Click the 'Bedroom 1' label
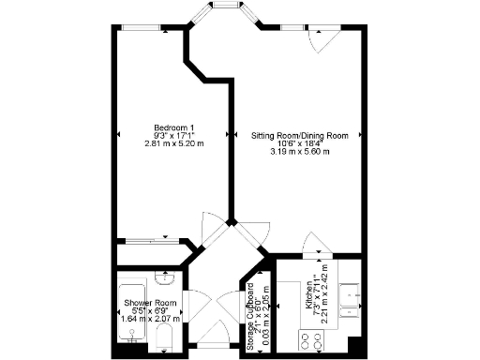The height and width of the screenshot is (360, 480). point(173,127)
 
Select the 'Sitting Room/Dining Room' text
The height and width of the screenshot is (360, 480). point(299,136)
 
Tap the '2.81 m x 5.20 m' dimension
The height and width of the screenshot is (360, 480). point(173,143)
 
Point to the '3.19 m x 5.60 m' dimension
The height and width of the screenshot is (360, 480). point(299,152)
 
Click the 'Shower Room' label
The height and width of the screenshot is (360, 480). point(150,303)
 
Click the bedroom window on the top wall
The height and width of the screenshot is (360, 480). point(142,28)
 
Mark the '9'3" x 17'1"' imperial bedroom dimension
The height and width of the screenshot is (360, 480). point(173,136)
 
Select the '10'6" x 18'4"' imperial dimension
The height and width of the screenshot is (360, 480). point(299,143)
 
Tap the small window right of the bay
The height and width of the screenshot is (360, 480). point(286,28)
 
